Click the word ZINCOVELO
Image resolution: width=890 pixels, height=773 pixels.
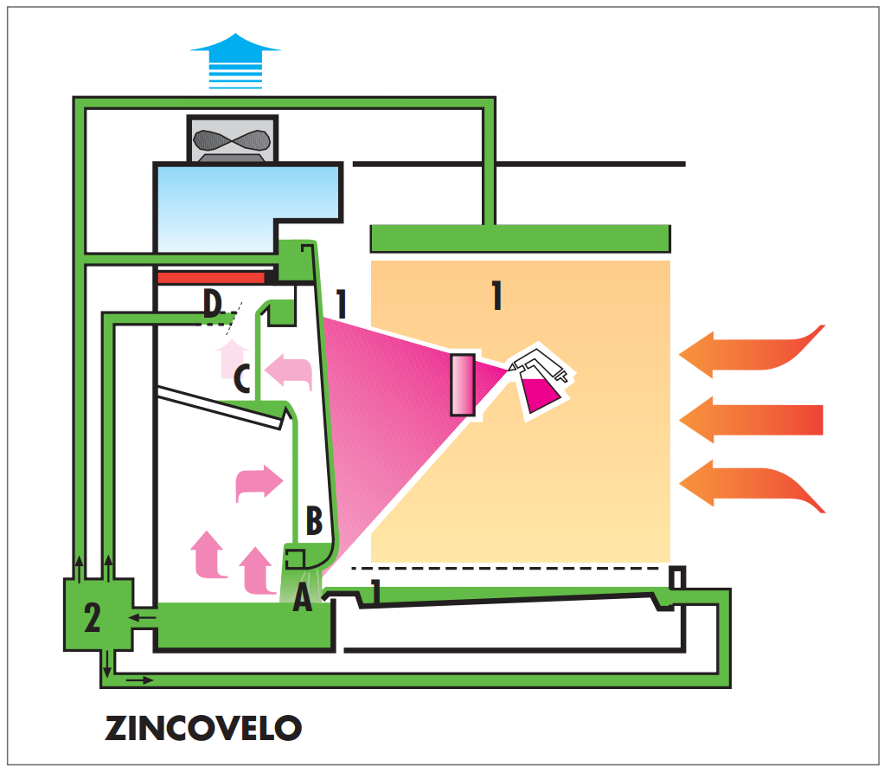pos(203,727)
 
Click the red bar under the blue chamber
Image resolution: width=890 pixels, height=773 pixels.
pos(212,278)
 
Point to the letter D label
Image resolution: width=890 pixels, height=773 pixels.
pos(213,304)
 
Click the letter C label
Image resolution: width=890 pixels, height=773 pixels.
pos(244,378)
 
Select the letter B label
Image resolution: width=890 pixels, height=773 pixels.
pos(314,521)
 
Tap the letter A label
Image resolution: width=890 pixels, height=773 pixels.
pos(302,598)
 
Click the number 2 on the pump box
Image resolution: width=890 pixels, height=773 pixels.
pos(92,617)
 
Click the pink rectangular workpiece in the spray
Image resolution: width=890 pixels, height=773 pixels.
pos(463,384)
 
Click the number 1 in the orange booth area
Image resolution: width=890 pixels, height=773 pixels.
pos(496,296)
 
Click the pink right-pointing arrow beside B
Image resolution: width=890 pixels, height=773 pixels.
pos(259,482)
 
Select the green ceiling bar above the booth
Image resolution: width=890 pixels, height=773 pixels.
pos(520,237)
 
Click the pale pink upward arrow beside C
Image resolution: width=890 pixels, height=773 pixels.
pos(230,354)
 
